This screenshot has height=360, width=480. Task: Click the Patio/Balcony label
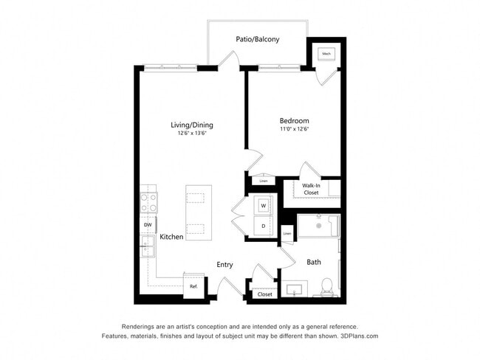(x=257, y=40)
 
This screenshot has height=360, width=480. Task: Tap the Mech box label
(x=326, y=54)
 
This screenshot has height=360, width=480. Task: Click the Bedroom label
(x=294, y=121)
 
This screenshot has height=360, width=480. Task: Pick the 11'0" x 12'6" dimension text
(x=294, y=130)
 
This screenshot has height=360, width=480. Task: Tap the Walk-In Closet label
(x=310, y=189)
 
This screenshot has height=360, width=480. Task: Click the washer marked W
(x=262, y=206)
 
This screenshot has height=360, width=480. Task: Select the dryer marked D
(x=262, y=226)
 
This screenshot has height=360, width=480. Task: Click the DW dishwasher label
(x=148, y=225)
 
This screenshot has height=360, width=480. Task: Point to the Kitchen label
(x=171, y=238)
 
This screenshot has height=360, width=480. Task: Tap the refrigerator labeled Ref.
(x=193, y=286)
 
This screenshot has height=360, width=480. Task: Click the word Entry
(x=224, y=265)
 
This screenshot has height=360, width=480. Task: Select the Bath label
(x=314, y=262)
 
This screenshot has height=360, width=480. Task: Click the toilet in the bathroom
(x=328, y=286)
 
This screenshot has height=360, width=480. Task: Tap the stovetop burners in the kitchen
(x=148, y=202)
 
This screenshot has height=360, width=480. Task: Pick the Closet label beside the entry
(x=264, y=294)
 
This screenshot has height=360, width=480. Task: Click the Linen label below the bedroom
(x=263, y=180)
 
